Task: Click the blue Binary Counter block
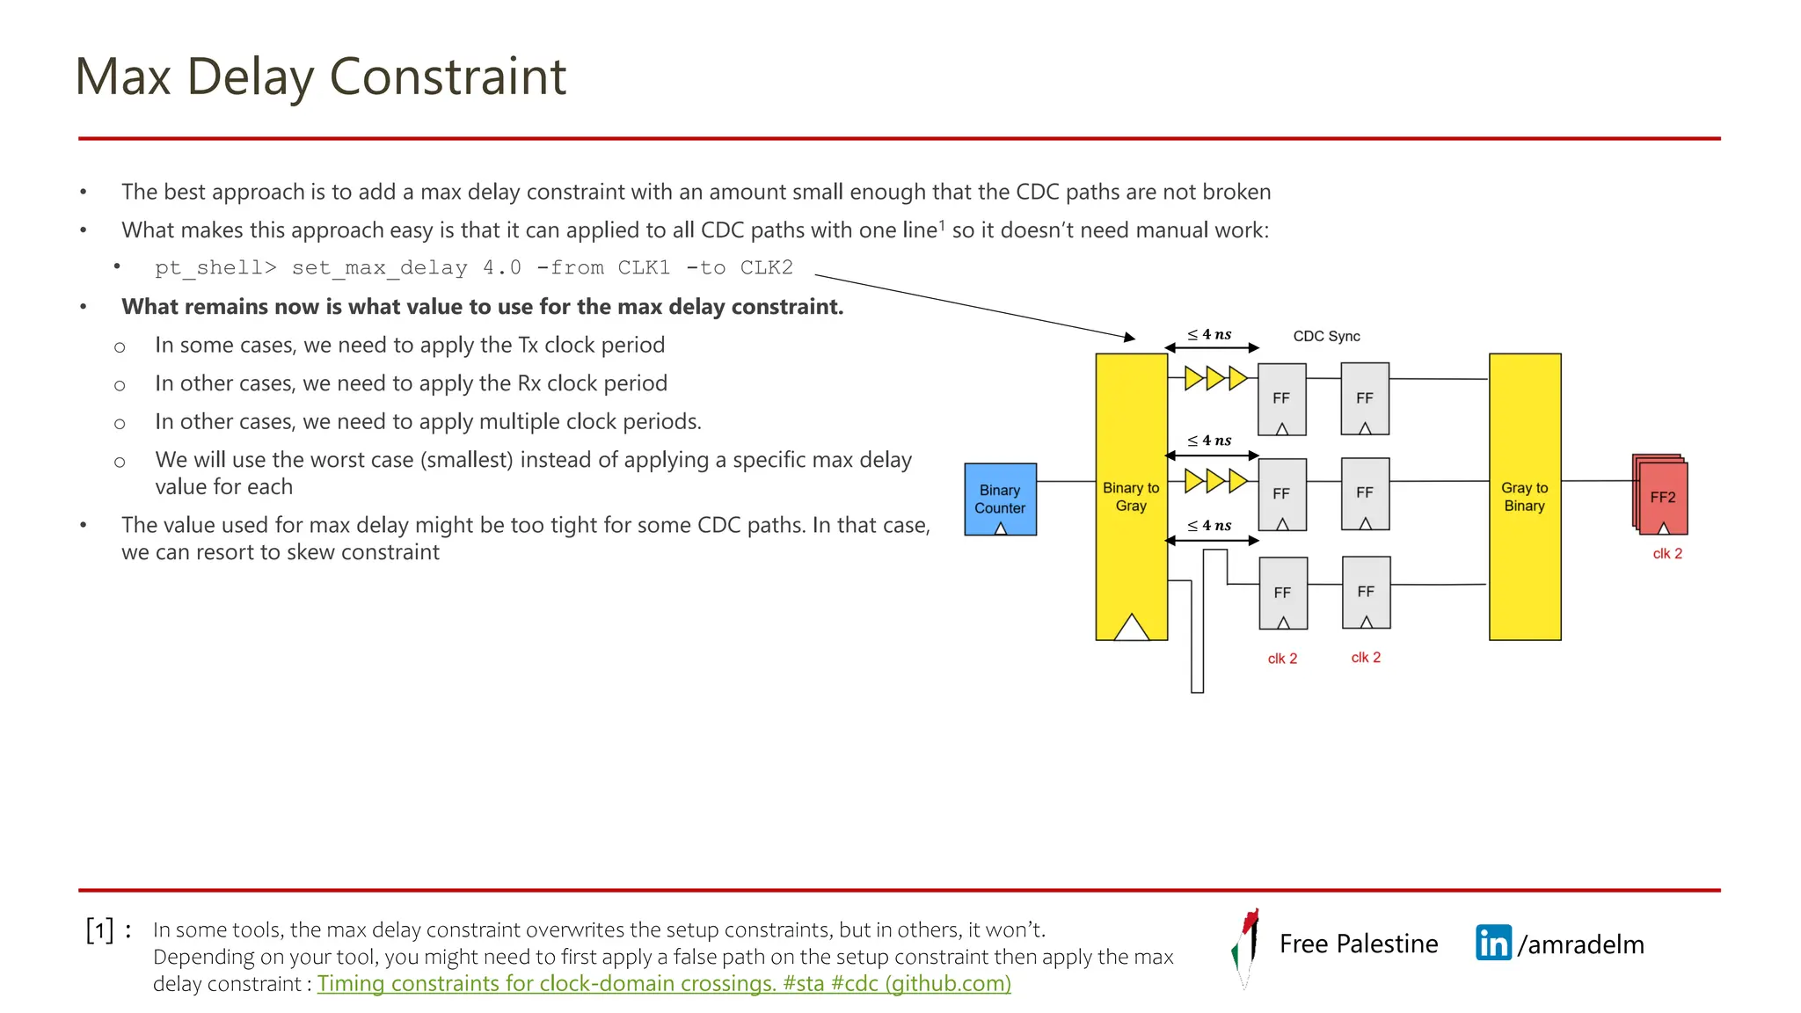click(1000, 499)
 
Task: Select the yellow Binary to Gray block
click(1131, 496)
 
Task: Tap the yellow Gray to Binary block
click(1524, 496)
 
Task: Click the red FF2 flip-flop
click(1662, 497)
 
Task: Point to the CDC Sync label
click(1326, 336)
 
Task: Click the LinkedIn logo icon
click(1493, 943)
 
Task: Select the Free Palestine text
click(1359, 944)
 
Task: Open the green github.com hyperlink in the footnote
click(664, 983)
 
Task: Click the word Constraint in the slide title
click(448, 77)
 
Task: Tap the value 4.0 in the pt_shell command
click(501, 267)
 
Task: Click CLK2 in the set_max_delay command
click(766, 267)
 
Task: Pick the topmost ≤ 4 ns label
click(1209, 334)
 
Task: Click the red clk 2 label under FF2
click(1667, 553)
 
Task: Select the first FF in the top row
click(1281, 398)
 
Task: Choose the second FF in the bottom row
click(1366, 592)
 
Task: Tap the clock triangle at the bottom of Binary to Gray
click(1132, 628)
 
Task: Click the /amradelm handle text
click(1580, 944)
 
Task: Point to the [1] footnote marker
click(100, 929)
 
